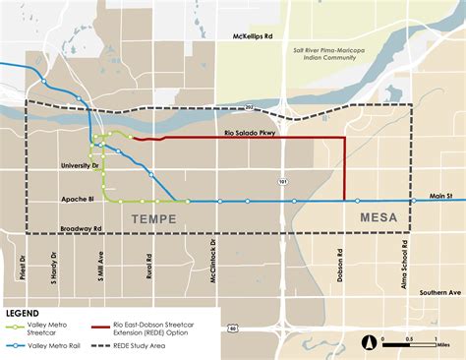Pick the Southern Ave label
pos(439,292)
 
